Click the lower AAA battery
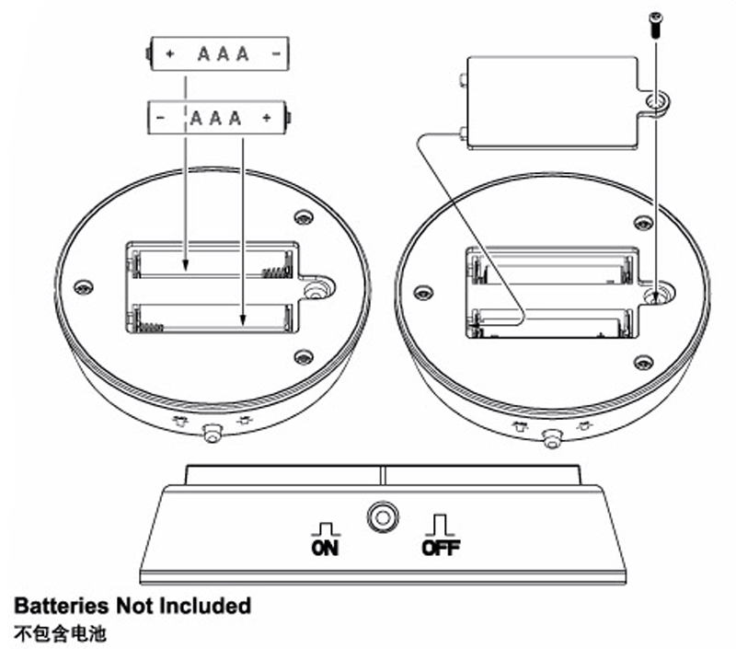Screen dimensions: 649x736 [x=219, y=118]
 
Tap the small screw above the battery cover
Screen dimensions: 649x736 [x=656, y=24]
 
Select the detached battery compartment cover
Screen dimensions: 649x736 [x=552, y=99]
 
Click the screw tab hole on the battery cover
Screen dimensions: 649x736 [x=656, y=99]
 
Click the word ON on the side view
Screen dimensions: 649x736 [x=325, y=548]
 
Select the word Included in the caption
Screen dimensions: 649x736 [x=205, y=606]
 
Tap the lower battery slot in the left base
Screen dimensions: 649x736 [x=212, y=318]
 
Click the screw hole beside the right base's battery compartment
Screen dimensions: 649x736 [x=655, y=296]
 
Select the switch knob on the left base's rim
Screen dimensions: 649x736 [x=211, y=432]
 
